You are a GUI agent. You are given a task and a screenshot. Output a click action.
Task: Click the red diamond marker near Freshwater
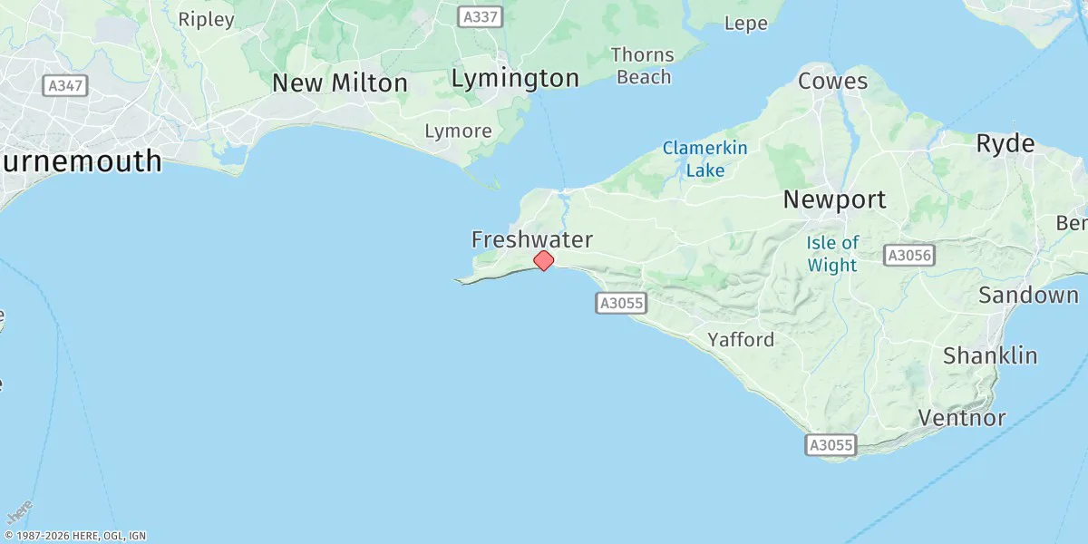543,260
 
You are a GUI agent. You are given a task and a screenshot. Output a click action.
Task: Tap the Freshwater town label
532,239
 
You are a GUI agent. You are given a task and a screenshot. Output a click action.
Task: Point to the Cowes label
832,81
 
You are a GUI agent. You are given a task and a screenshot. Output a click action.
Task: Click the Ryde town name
1005,143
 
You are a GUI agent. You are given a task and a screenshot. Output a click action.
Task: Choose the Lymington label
515,78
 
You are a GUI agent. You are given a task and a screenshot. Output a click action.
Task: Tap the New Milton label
340,83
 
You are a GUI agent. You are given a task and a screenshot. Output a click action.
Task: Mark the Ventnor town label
962,418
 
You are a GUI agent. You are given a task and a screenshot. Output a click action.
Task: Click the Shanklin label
990,355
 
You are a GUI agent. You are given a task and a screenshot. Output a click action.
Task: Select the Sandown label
1028,295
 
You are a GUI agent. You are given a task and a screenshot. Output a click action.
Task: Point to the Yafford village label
741,340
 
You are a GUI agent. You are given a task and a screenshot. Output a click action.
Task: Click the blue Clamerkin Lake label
704,158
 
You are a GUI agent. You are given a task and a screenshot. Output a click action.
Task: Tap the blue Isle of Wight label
832,254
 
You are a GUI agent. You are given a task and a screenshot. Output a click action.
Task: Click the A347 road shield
65,85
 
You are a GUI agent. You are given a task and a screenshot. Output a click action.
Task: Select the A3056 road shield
909,256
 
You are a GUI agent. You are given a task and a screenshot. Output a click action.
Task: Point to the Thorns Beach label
643,65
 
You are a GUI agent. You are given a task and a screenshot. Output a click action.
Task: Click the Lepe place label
746,24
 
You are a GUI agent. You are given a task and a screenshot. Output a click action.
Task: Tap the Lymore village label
458,131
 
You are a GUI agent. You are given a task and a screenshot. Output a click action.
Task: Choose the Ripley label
206,18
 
